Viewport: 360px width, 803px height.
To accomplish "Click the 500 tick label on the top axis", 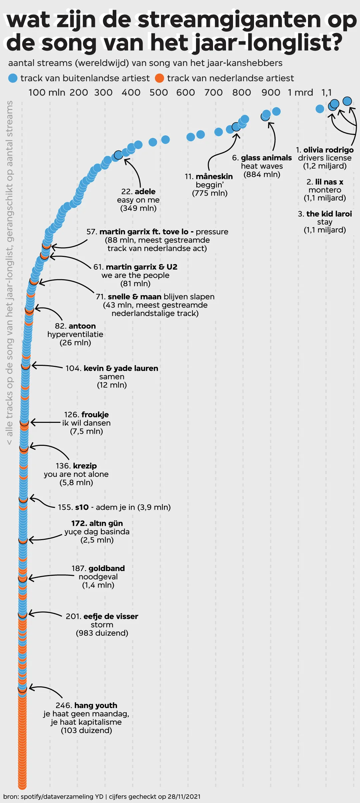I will [x=158, y=92].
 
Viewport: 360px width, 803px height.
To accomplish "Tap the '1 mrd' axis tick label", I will [x=300, y=92].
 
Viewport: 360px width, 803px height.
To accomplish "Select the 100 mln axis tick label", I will [x=47, y=92].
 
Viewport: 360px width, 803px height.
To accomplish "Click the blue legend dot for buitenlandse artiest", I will [x=13, y=78].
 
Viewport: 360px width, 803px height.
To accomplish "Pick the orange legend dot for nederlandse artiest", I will [x=160, y=78].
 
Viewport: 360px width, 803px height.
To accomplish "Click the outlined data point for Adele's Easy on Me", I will [x=118, y=155].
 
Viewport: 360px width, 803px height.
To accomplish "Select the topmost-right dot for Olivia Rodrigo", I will [x=347, y=101].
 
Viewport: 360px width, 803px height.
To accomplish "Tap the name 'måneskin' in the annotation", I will [x=214, y=177].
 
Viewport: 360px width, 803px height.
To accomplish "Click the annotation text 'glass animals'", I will [x=266, y=158].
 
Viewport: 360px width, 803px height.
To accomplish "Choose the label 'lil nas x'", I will [x=329, y=182].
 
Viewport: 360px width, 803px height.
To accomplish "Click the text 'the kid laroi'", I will [x=329, y=214].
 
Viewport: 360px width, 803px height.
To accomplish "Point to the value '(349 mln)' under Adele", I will [x=138, y=208].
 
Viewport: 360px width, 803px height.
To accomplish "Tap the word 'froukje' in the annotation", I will [x=95, y=414].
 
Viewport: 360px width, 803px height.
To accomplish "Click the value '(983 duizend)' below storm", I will [x=102, y=633].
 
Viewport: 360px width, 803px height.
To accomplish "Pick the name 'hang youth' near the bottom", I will [x=96, y=705].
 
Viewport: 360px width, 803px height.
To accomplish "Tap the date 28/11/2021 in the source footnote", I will [x=184, y=797].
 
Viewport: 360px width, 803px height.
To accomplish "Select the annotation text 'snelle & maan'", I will [x=135, y=297].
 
